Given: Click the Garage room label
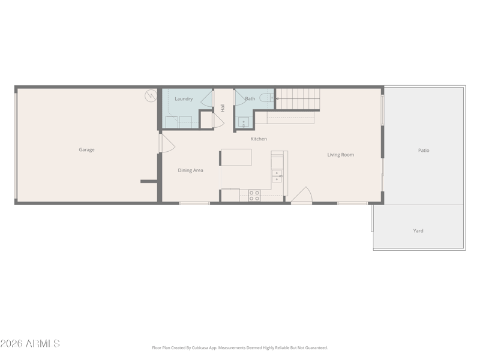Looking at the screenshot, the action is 86,149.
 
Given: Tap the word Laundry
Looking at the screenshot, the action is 184,99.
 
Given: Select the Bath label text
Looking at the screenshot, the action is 250,98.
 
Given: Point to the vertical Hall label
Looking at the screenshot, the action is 223,107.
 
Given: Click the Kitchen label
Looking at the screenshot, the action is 259,139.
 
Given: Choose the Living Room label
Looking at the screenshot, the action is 341,155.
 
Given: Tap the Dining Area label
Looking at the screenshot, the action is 190,170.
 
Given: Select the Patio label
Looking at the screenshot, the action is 424,151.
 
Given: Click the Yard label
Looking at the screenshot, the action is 418,231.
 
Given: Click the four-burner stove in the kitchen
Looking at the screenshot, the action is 254,196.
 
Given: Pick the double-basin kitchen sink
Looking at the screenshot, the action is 277,176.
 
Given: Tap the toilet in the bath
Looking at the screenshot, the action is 266,98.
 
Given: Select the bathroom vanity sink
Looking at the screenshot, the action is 244,122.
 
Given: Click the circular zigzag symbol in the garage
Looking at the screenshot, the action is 151,96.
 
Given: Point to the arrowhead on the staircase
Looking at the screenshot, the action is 277,98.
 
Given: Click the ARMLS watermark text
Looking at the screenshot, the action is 30,343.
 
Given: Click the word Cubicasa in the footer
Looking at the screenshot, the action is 200,348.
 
